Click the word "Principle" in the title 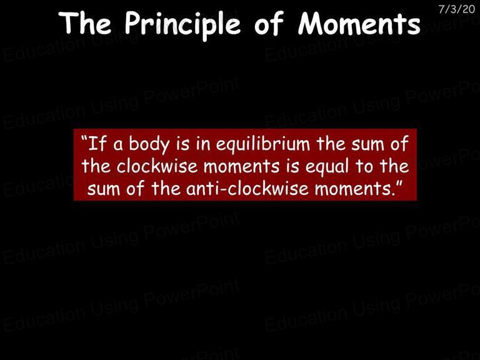tap(182, 24)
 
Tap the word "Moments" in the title tap(359, 23)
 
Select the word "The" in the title tap(85, 22)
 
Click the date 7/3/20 tap(456, 9)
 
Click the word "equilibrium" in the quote tap(263, 144)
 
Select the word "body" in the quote tap(149, 144)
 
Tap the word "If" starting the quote tap(98, 144)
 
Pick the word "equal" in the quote tap(327, 167)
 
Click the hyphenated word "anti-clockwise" tap(247, 189)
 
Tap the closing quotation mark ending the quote tap(399, 183)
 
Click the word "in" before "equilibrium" tap(203, 144)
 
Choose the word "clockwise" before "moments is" tap(157, 166)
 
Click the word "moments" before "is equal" tap(241, 167)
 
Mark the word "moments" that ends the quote tap(353, 189)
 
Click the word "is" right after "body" tap(182, 144)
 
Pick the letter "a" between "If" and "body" tap(119, 145)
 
